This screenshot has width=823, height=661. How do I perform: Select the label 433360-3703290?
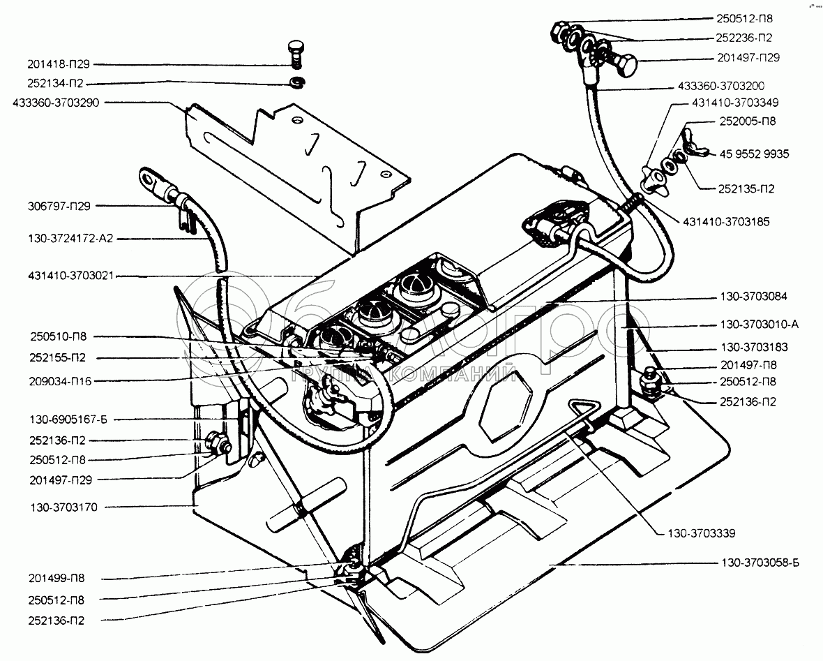click(x=56, y=103)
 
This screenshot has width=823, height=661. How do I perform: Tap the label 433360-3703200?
click(x=720, y=87)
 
